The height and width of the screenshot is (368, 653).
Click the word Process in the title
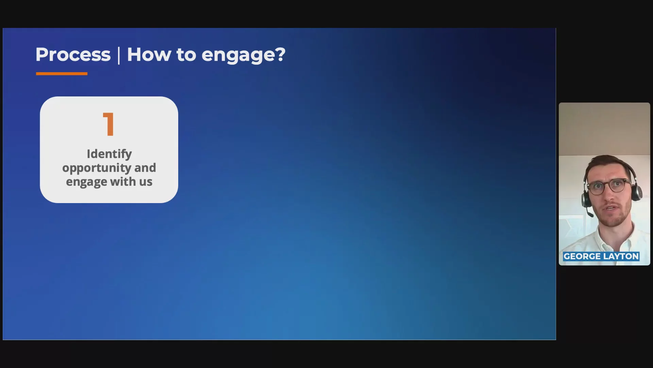click(73, 55)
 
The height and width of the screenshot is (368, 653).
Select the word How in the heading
click(149, 55)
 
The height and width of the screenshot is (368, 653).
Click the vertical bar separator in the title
click(119, 56)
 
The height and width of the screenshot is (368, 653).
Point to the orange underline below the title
click(62, 74)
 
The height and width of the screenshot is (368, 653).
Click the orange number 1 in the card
click(108, 124)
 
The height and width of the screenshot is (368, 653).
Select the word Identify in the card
click(109, 154)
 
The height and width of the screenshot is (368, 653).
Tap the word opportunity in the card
click(96, 168)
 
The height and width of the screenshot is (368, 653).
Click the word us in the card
click(146, 182)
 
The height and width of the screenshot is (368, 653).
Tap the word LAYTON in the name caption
click(621, 256)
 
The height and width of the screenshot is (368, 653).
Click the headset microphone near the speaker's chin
click(590, 214)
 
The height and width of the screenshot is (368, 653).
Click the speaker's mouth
click(612, 209)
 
